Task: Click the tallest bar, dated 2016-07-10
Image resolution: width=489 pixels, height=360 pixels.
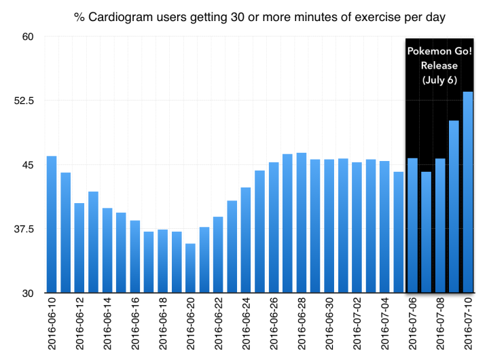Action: click(468, 192)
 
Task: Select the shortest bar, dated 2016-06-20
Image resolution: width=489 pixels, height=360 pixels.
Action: click(190, 268)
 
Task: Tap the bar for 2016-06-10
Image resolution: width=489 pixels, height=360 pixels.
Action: click(52, 224)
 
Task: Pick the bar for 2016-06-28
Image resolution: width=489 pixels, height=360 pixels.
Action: click(302, 223)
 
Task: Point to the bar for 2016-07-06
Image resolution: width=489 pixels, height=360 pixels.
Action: click(412, 226)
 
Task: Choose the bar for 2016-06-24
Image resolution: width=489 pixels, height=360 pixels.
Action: click(246, 240)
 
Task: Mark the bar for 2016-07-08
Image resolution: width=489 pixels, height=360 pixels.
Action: click(440, 226)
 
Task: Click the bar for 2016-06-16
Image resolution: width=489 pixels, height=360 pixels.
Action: click(134, 257)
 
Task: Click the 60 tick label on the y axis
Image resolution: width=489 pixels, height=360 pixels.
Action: click(28, 37)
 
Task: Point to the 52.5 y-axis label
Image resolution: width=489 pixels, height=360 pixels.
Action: click(24, 101)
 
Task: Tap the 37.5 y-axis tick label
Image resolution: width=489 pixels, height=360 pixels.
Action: click(24, 230)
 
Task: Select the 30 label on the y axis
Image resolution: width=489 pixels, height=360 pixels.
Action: click(28, 293)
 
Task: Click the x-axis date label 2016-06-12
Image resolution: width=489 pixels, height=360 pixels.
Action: click(79, 323)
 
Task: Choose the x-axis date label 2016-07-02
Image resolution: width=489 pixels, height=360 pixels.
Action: click(357, 323)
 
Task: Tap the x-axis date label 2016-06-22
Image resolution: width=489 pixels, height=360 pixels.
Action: click(218, 323)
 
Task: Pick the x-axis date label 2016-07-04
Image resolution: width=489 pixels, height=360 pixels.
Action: click(384, 323)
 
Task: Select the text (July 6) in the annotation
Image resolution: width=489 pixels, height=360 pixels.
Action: click(439, 80)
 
